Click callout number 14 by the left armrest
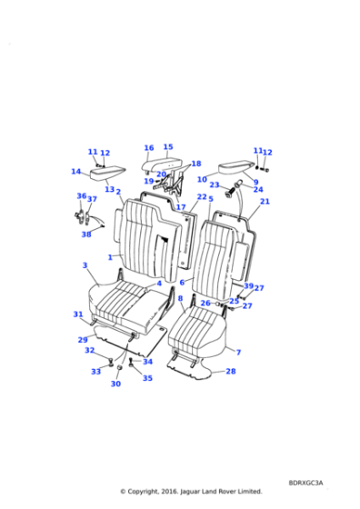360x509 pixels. pos(75,172)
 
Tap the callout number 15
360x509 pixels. pos(168,147)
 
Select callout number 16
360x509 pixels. pos(148,148)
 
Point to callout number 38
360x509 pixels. pos(86,235)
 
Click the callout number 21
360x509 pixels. pos(265,202)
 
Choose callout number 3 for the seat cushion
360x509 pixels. pos(85,265)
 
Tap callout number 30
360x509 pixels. pos(115,384)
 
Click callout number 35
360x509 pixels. pos(147,378)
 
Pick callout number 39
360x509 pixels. pos(248,286)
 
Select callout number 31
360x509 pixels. pos(78,314)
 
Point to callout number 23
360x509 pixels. pos(215,185)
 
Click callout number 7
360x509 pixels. pos(238,352)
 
